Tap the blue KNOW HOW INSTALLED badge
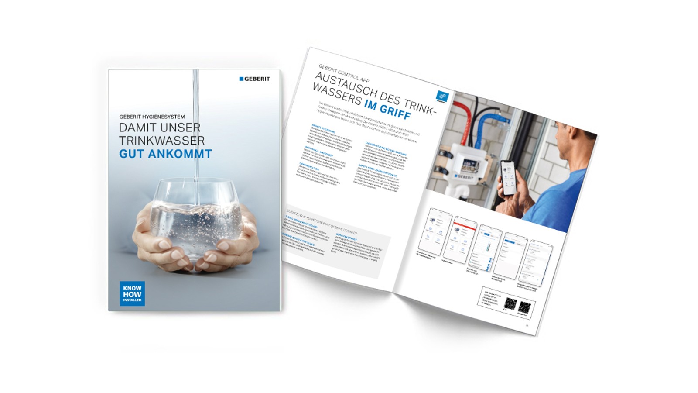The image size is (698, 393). click(x=132, y=293)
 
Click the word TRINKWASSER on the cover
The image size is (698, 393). click(x=162, y=141)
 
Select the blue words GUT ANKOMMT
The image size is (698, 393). click(x=165, y=154)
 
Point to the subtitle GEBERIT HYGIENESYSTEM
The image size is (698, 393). click(x=152, y=117)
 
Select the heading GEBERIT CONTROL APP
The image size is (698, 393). click(x=344, y=73)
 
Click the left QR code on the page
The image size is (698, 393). click(x=510, y=303)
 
